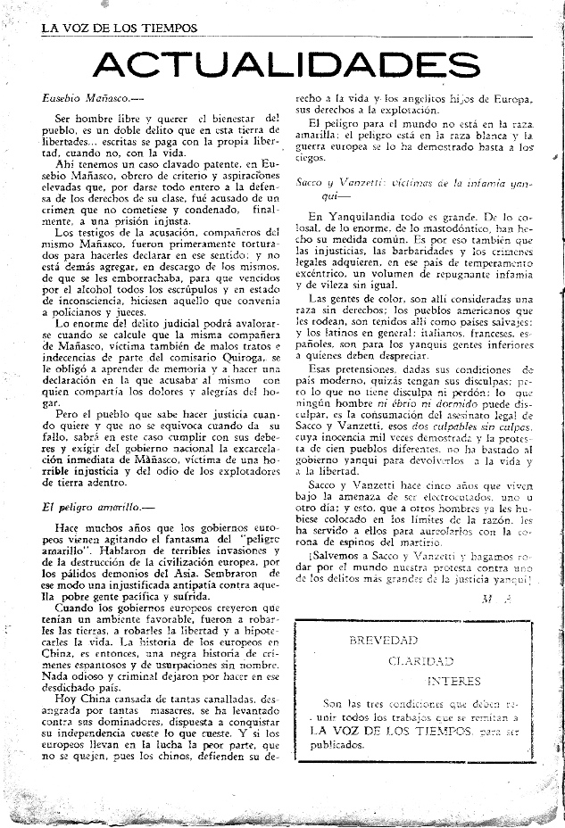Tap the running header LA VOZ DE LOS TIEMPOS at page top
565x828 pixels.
point(119,28)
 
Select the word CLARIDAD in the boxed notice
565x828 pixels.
point(420,661)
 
